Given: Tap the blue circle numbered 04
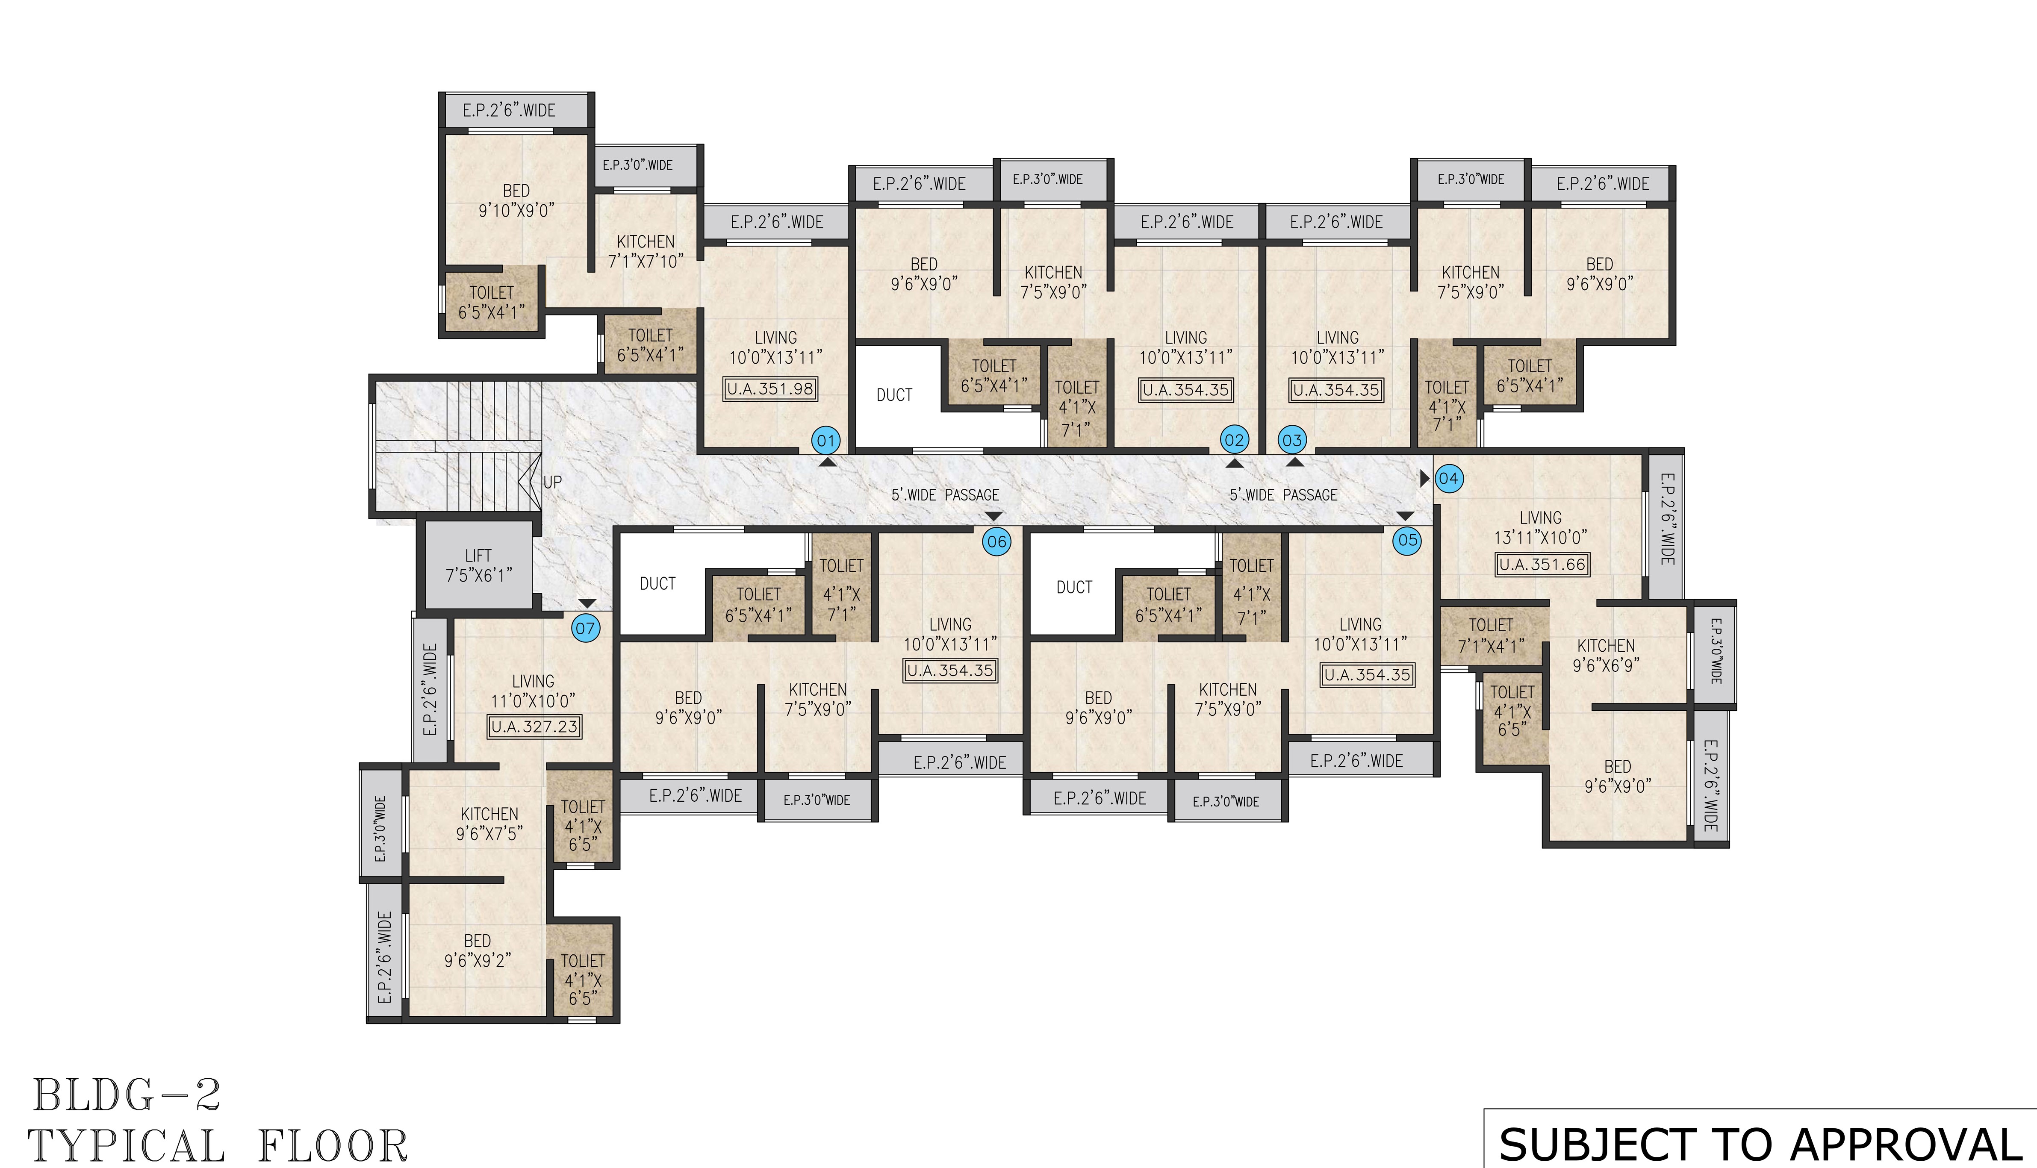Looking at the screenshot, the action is (1448, 479).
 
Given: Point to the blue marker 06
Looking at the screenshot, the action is (996, 541).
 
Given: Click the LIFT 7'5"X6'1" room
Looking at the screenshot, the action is (478, 565).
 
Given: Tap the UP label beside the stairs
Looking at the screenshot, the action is (553, 482).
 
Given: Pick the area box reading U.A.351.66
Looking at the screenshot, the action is (1542, 564).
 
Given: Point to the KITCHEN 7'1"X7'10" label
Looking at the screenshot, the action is (646, 251).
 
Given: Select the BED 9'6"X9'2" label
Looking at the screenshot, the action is (478, 950).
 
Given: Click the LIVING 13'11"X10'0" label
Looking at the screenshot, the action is (1540, 527).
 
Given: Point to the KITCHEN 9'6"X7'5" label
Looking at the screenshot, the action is (489, 824).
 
